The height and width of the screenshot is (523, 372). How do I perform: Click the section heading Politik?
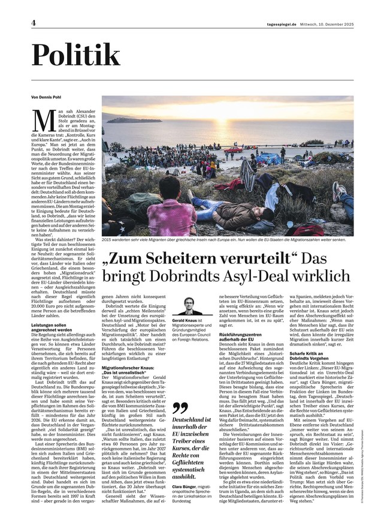(75, 56)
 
